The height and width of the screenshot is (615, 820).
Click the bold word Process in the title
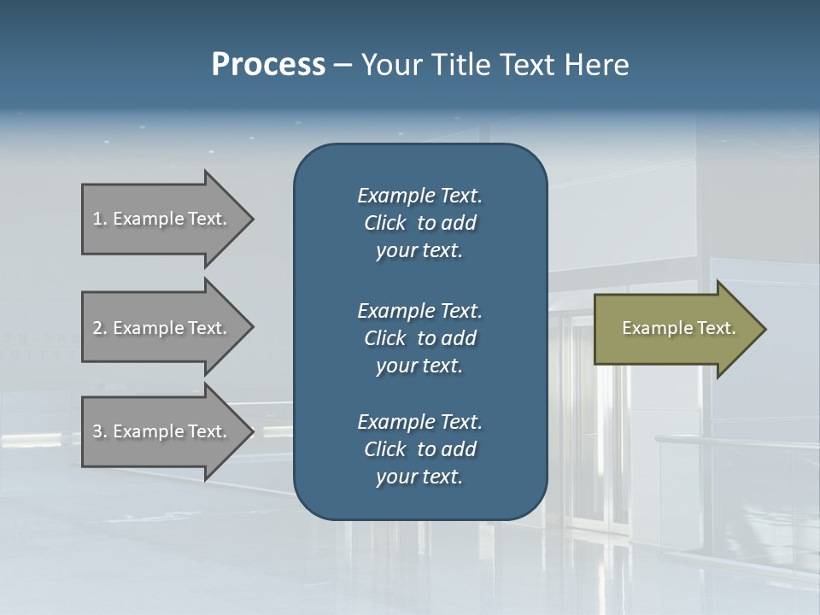[x=268, y=65]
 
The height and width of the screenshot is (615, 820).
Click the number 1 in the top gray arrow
[x=97, y=219]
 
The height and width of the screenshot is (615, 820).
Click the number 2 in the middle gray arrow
[x=97, y=328]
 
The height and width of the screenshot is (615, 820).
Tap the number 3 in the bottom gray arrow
[x=97, y=431]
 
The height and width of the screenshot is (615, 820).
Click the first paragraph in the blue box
[x=419, y=223]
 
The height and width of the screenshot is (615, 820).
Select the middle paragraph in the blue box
[x=419, y=338]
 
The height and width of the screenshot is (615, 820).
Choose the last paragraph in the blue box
[x=419, y=449]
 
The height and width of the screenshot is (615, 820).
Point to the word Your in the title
[x=390, y=65]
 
